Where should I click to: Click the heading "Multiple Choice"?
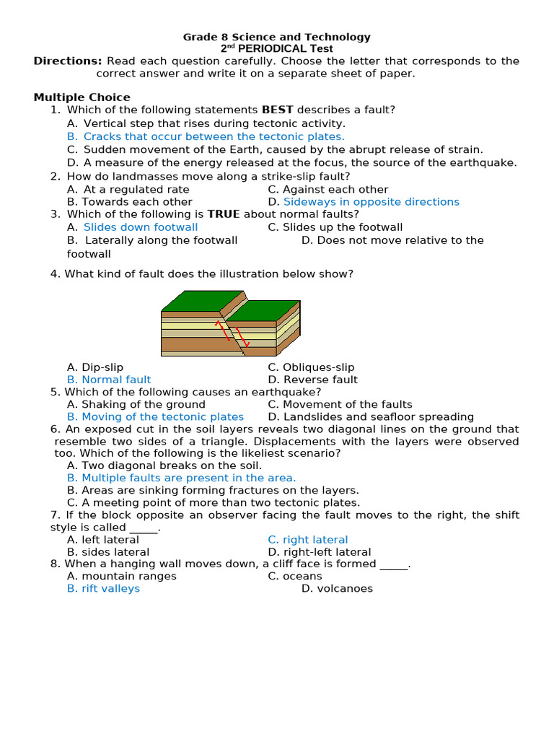coord(82,97)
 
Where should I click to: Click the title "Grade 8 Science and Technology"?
coord(276,37)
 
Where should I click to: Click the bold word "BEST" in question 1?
coord(277,110)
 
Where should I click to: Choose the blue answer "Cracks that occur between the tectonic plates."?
coord(214,136)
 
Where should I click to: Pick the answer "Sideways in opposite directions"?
coord(371,202)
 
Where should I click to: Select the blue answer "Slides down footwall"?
coord(141,227)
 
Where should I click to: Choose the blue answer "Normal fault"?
coord(116,380)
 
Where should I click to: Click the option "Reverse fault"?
coord(320,380)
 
